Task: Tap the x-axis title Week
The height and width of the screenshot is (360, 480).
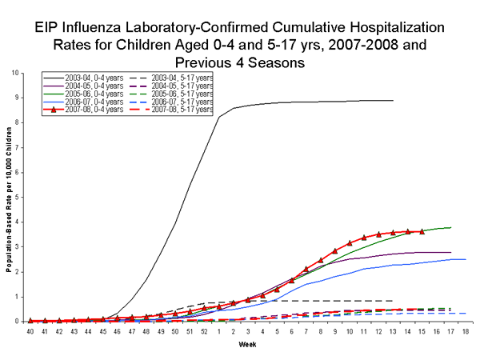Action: (x=247, y=346)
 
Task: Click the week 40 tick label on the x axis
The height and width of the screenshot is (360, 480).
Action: (x=30, y=330)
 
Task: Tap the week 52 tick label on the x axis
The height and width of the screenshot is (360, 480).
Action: (x=204, y=330)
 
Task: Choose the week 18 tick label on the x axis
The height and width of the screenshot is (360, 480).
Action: (x=466, y=330)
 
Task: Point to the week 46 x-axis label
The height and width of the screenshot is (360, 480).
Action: (x=117, y=330)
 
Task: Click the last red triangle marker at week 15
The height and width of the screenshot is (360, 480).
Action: (x=422, y=231)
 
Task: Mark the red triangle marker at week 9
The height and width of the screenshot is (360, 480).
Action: (x=335, y=251)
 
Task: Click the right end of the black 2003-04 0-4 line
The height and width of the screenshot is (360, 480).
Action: (x=394, y=101)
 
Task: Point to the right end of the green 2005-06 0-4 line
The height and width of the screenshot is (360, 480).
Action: (x=451, y=227)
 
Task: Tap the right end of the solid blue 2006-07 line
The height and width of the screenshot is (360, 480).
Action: (x=466, y=259)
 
